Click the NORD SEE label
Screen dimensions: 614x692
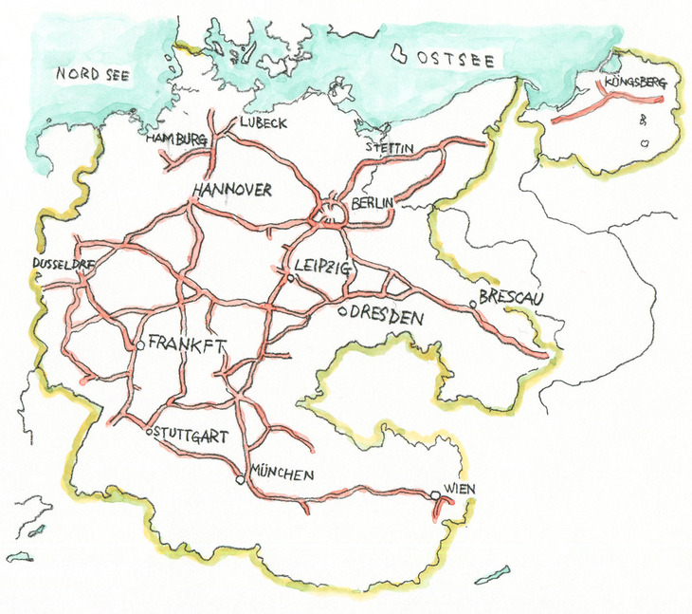click(92, 73)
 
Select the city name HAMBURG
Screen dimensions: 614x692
click(177, 140)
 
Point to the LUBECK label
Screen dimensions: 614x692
click(263, 123)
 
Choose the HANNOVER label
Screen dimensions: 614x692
click(232, 190)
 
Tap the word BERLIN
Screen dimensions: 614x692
click(372, 204)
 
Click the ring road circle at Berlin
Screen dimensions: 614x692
click(332, 212)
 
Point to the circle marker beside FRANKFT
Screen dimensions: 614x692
click(140, 345)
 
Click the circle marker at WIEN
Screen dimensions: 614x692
click(435, 495)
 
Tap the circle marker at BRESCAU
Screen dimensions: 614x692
click(473, 305)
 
